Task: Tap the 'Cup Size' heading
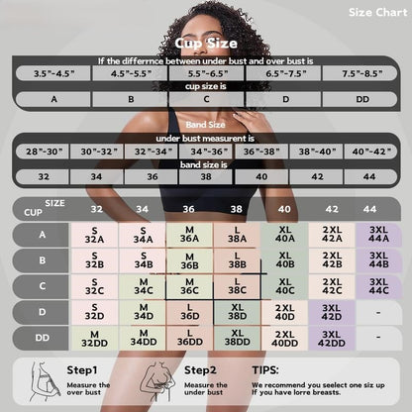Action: (205, 43)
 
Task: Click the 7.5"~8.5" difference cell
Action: (363, 74)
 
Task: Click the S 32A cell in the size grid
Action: (95, 235)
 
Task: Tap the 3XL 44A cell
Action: (378, 235)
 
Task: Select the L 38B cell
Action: (237, 260)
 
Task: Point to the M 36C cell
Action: (189, 286)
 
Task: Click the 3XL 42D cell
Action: (332, 312)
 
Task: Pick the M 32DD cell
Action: (95, 338)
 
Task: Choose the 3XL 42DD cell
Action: (332, 338)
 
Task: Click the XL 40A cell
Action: (284, 235)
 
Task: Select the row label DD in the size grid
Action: (43, 338)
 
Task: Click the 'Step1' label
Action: (82, 369)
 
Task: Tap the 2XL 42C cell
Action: (332, 286)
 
